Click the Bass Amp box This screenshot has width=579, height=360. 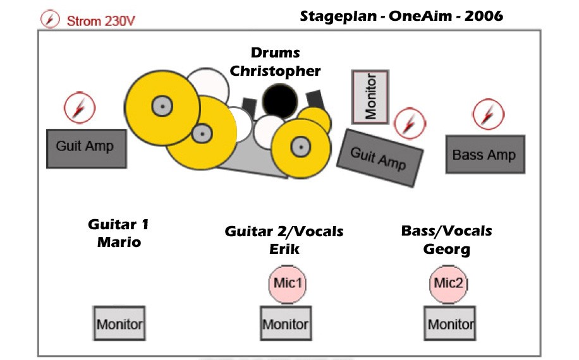pyautogui.click(x=485, y=154)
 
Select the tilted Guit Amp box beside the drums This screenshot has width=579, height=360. pyautogui.click(x=380, y=158)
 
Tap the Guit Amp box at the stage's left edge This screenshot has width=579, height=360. pyautogui.click(x=87, y=148)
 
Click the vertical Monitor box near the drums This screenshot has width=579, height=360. pyautogui.click(x=370, y=97)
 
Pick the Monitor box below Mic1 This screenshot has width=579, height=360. pyautogui.click(x=286, y=323)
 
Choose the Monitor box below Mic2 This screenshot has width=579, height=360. pyautogui.click(x=449, y=323)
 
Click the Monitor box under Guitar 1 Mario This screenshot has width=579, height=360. pyautogui.click(x=119, y=323)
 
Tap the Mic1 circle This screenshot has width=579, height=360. pyautogui.click(x=287, y=284)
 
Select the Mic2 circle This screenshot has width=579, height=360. pyautogui.click(x=448, y=284)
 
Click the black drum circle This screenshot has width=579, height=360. pyautogui.click(x=280, y=101)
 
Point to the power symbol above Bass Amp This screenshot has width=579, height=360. pyautogui.click(x=489, y=114)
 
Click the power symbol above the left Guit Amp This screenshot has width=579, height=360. pyautogui.click(x=80, y=107)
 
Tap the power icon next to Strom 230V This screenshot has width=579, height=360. pyautogui.click(x=50, y=19)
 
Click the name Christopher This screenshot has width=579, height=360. pyautogui.click(x=275, y=71)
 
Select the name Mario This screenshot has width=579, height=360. pyautogui.click(x=119, y=242)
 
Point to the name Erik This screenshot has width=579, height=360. pyautogui.click(x=284, y=249)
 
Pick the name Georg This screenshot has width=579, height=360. pyautogui.click(x=446, y=249)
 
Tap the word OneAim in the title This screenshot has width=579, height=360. pyautogui.click(x=420, y=16)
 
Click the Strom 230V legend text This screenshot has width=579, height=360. pyautogui.click(x=101, y=21)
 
